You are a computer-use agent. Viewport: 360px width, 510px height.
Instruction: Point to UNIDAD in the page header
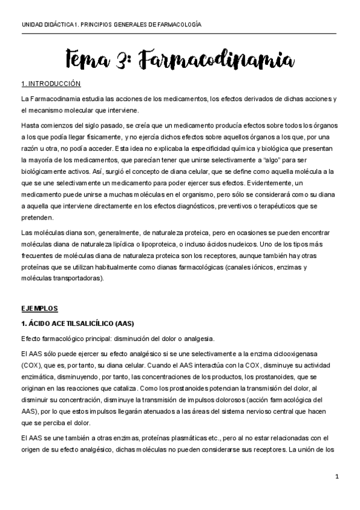(x=32, y=25)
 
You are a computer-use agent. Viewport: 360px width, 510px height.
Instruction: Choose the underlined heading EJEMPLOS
(x=39, y=309)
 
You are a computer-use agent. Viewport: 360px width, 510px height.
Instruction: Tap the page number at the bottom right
(x=337, y=477)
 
